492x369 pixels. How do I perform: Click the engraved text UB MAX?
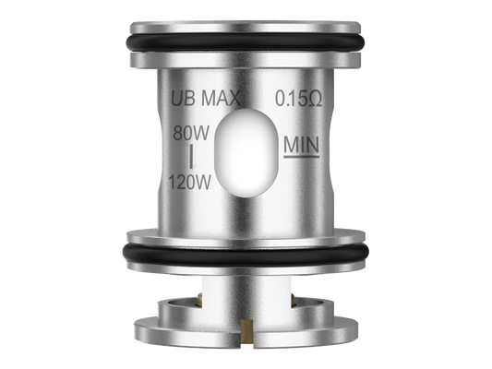point(206,98)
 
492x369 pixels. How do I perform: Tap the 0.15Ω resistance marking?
point(299,98)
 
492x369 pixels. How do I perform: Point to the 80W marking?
point(191,133)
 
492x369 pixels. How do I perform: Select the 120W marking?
point(190,182)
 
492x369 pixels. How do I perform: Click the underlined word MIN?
point(302,145)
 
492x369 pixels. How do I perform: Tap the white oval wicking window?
point(246,153)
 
